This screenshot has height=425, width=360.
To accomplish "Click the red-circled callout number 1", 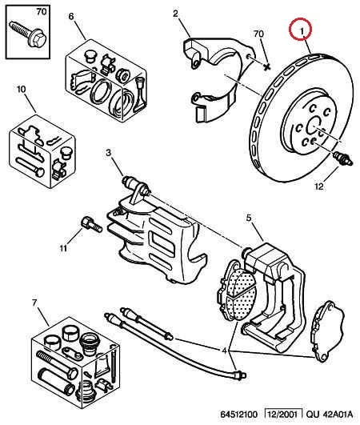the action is pos(302,31).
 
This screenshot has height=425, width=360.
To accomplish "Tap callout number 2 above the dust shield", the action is pos(176,14).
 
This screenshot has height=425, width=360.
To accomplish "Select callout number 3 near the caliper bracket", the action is pos(109,153).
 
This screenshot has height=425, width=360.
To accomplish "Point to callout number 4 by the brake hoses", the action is pos(224,351).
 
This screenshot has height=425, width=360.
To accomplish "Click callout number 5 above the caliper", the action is pos(249,218).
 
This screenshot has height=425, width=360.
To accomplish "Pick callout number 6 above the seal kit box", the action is pos(71,17).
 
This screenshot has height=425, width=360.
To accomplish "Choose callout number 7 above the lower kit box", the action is pos(34,303).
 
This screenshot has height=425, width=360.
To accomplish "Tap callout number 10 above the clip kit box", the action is pos(22,89).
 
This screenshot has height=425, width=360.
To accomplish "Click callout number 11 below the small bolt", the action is pos(63,248).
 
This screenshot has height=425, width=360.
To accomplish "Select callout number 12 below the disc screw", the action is pos(319,186).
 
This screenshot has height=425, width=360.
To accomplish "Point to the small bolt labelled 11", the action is pos(91,225).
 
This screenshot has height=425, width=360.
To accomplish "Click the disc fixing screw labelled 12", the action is pos(342,158).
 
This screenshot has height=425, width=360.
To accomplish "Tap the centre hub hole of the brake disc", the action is pos(314,125).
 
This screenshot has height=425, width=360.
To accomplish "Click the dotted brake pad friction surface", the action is pos(240,294).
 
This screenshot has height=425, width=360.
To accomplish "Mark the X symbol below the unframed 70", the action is pos(267,66).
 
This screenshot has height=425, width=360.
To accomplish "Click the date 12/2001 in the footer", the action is pos(283,414).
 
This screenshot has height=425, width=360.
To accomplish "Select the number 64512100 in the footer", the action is pos(238,415).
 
